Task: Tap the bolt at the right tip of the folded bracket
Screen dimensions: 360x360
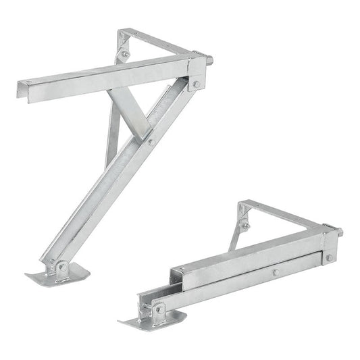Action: click(x=340, y=232)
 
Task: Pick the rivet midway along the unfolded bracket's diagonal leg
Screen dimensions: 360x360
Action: click(x=151, y=142)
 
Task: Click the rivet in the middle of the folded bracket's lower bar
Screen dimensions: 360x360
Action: click(x=276, y=273)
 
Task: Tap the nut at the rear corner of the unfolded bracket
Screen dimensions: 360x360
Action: click(x=125, y=53)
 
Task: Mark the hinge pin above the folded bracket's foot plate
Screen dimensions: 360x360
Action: click(x=159, y=308)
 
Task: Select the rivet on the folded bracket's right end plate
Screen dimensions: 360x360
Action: click(x=328, y=257)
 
